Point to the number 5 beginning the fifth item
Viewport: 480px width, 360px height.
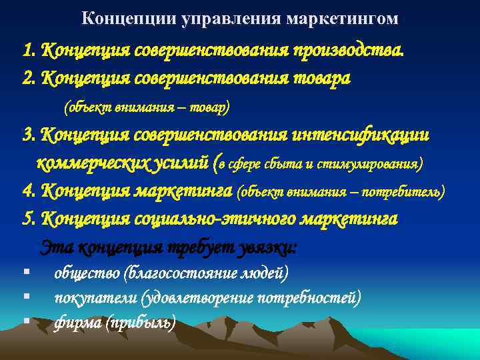point(27,219)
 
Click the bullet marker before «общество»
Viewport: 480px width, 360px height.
point(24,271)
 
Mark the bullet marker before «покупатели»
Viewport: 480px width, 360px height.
point(24,296)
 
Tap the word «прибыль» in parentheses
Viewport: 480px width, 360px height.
point(146,323)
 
